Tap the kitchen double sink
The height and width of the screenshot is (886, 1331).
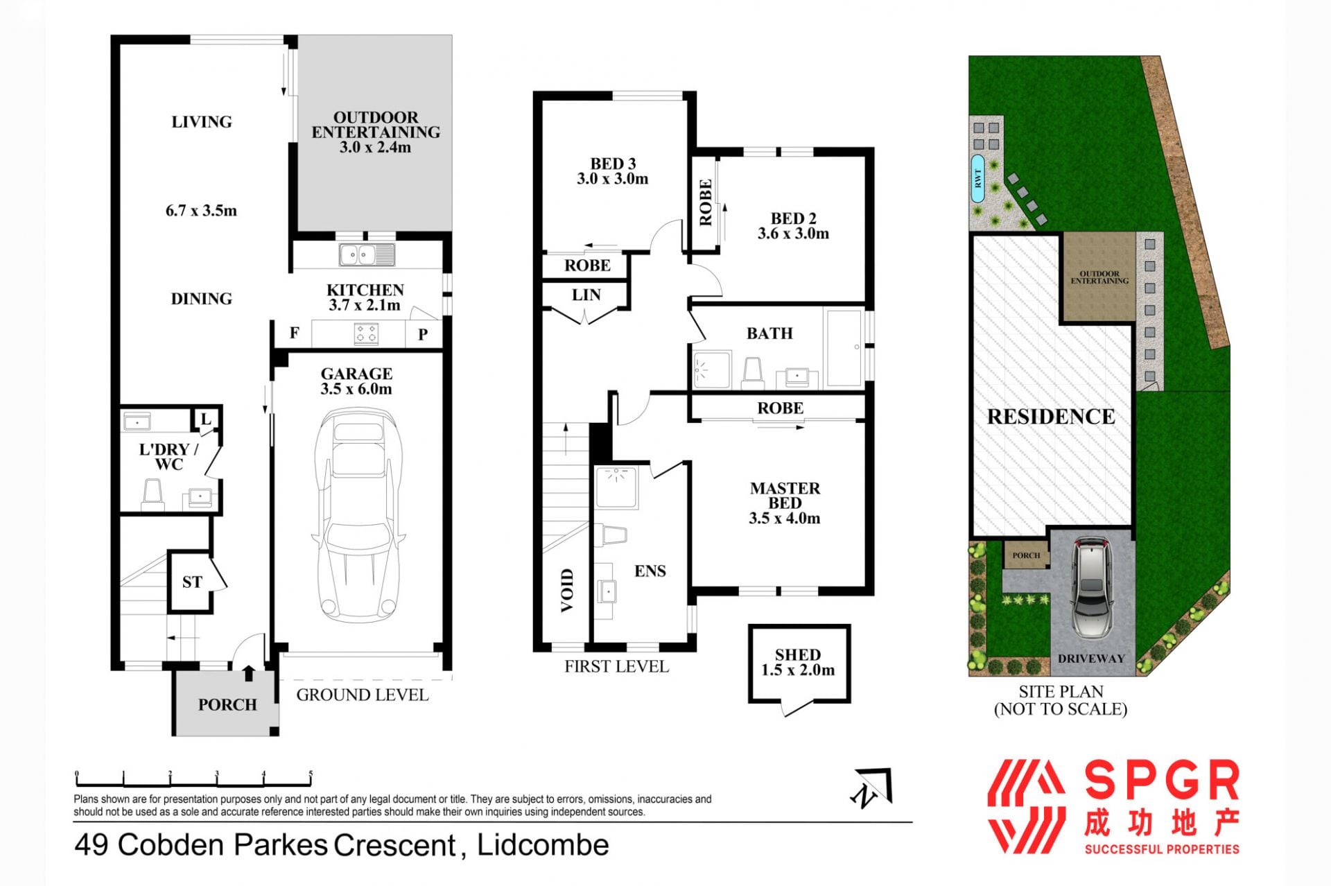click(367, 255)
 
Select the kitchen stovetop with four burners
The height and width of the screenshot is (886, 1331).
click(366, 333)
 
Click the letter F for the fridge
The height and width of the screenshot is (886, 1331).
click(294, 333)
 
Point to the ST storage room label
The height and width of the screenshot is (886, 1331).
click(192, 582)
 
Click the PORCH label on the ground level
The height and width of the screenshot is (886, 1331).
click(227, 705)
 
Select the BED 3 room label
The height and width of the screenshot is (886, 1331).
click(613, 164)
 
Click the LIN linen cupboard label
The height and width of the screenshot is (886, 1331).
click(586, 295)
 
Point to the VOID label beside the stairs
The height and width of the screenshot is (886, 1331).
click(567, 590)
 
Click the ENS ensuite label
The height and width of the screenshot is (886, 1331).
click(650, 571)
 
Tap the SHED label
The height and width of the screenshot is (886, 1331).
click(798, 655)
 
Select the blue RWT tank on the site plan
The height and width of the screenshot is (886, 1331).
click(978, 179)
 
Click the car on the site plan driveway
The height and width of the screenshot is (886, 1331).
click(1091, 588)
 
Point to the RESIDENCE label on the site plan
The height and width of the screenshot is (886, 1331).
click(1051, 417)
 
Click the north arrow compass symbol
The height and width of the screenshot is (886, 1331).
click(872, 788)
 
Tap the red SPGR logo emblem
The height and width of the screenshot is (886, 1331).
click(1026, 806)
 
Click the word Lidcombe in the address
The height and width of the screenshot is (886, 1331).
click(543, 845)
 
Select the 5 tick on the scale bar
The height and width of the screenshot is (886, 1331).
click(311, 777)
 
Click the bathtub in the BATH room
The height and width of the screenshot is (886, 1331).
click(844, 347)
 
